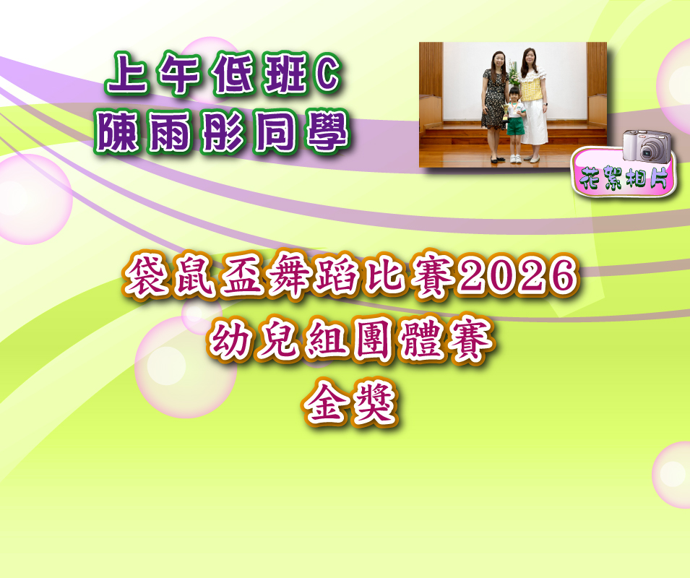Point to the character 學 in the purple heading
(x=327, y=131)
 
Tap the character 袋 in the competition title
(x=146, y=275)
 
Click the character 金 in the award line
(x=326, y=403)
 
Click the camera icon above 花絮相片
(x=647, y=146)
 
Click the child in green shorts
(x=514, y=125)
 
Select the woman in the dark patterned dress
(x=494, y=106)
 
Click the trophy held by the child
(x=505, y=112)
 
